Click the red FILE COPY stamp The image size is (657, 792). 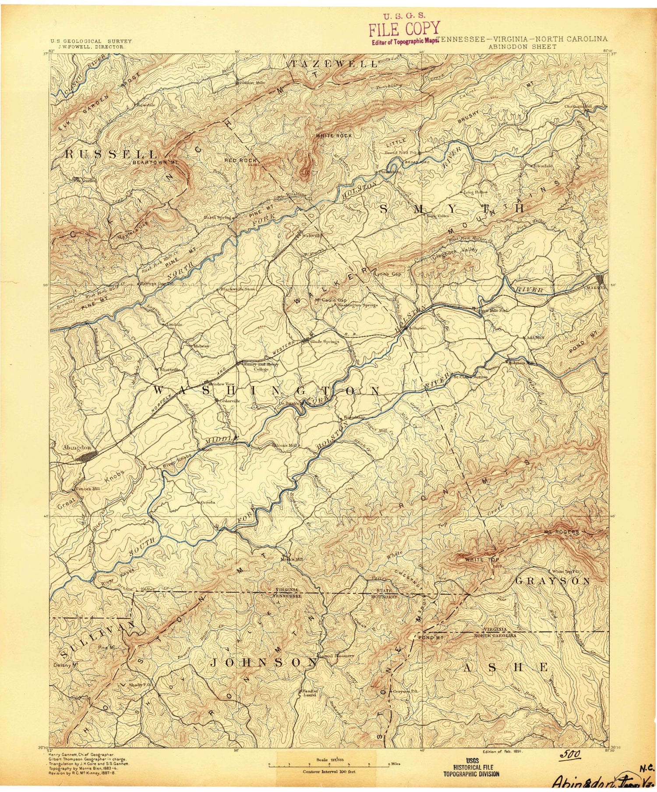(x=404, y=29)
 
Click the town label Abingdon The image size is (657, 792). (x=77, y=447)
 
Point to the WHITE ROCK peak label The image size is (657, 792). (x=334, y=136)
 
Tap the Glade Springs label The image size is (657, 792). (x=325, y=341)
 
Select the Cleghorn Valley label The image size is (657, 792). (x=455, y=250)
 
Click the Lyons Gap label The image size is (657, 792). (x=388, y=274)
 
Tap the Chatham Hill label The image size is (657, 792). (x=578, y=106)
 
